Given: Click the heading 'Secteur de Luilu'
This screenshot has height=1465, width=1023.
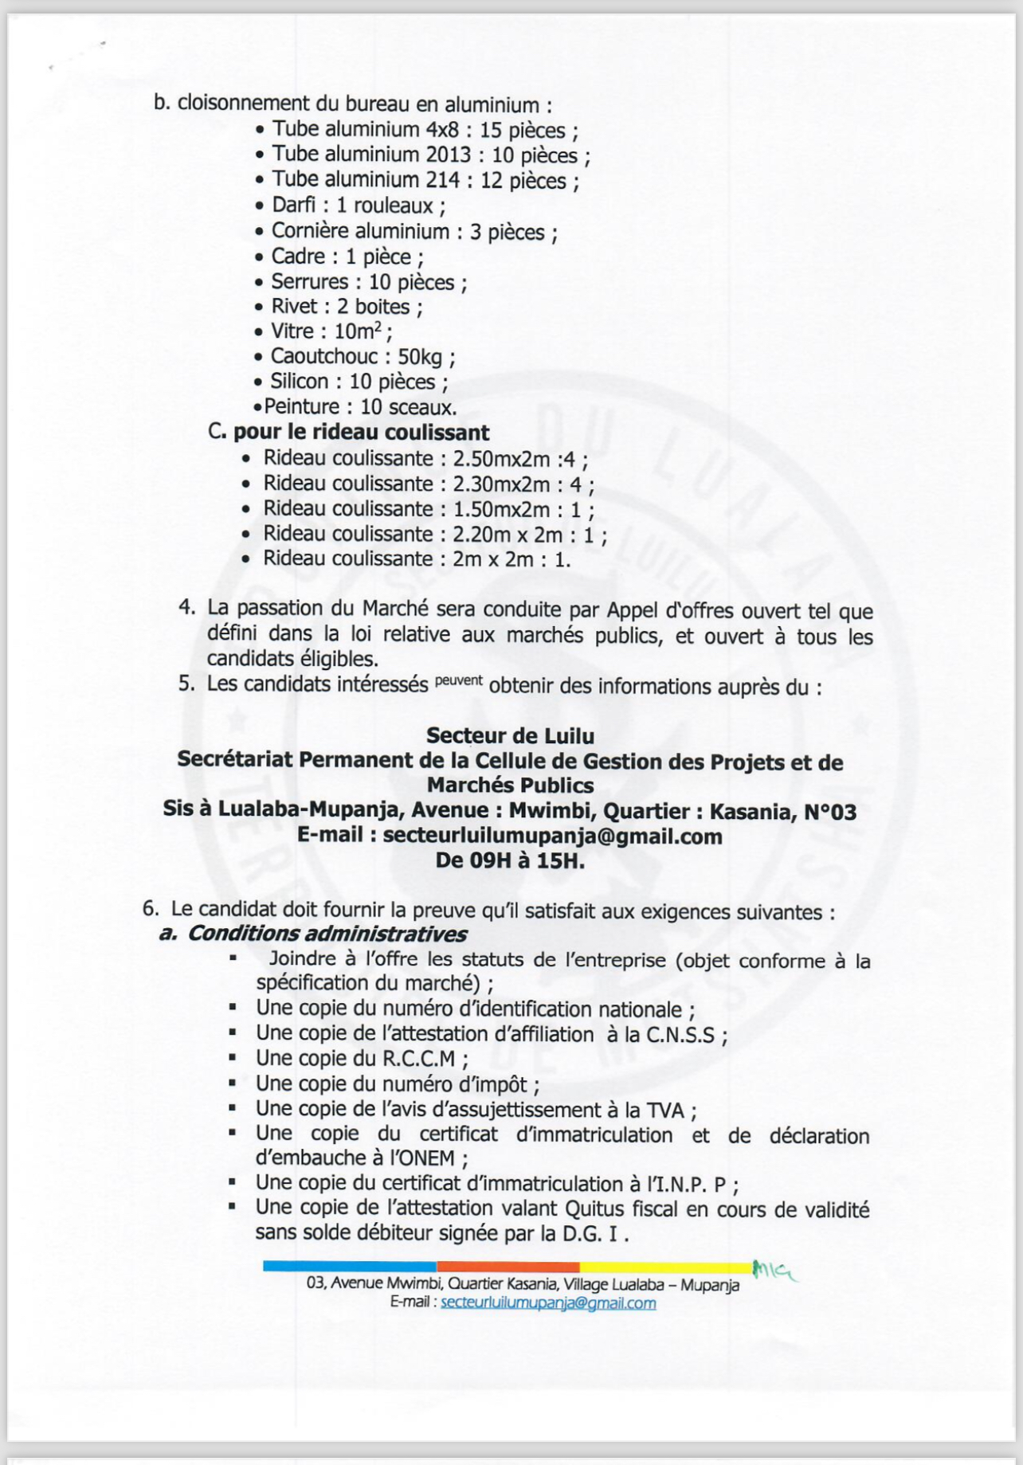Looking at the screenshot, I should point(510,734).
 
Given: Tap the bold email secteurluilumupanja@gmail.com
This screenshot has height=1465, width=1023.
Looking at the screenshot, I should point(552,836).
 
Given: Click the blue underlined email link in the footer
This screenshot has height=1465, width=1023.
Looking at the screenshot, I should point(548,1303).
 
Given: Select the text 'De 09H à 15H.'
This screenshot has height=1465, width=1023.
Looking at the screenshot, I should point(510,860).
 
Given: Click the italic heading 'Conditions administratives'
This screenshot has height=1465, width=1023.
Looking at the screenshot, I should point(327,934).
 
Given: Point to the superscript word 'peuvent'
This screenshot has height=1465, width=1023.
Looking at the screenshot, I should point(459,680).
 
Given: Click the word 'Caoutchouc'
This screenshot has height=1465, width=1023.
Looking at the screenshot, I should point(323,356).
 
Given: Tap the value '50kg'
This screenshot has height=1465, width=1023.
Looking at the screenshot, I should point(420,357).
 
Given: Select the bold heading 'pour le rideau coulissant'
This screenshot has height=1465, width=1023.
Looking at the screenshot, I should point(361,433).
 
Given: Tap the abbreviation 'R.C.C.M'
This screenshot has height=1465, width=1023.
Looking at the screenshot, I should point(421,1059).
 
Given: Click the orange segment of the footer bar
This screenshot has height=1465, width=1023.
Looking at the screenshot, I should point(508,1267).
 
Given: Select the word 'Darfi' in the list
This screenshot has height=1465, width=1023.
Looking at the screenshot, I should point(293,206).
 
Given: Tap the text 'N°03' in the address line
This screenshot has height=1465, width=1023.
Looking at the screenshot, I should point(830,812).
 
